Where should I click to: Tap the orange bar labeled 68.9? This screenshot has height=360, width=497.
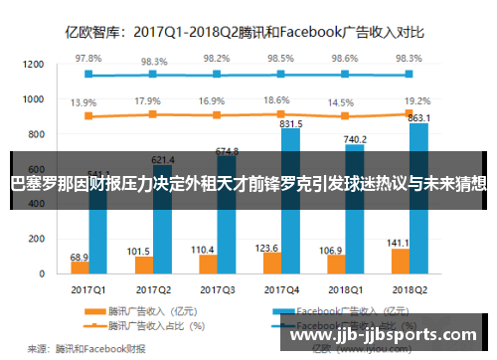tap(80, 240)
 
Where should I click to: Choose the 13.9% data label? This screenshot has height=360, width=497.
tap(83, 102)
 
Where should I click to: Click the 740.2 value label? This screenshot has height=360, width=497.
tap(355, 140)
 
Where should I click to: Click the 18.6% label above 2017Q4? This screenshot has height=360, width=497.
tap(278, 100)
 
